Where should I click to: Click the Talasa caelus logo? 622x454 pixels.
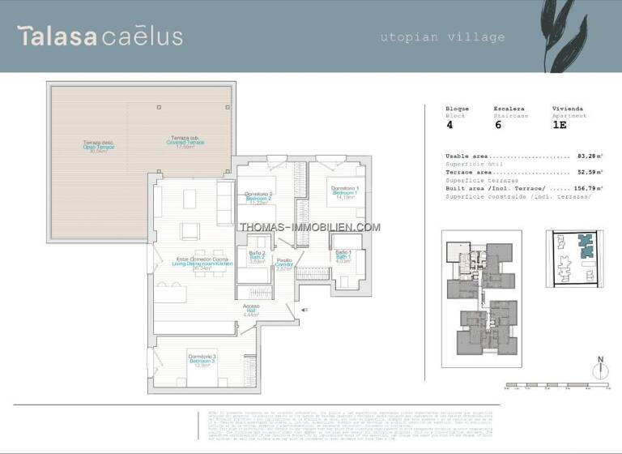tap(100, 36)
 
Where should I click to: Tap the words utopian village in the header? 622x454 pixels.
tap(442, 36)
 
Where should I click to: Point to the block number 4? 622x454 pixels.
tap(449, 125)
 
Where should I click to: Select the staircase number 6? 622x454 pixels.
tap(497, 125)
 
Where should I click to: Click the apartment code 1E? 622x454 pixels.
tap(559, 125)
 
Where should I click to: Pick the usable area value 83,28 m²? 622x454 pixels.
tap(590, 156)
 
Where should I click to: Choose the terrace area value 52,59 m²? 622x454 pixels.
tap(590, 172)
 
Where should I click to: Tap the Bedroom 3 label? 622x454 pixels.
tap(202, 360)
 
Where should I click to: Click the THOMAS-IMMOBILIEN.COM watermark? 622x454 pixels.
tap(309, 227)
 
